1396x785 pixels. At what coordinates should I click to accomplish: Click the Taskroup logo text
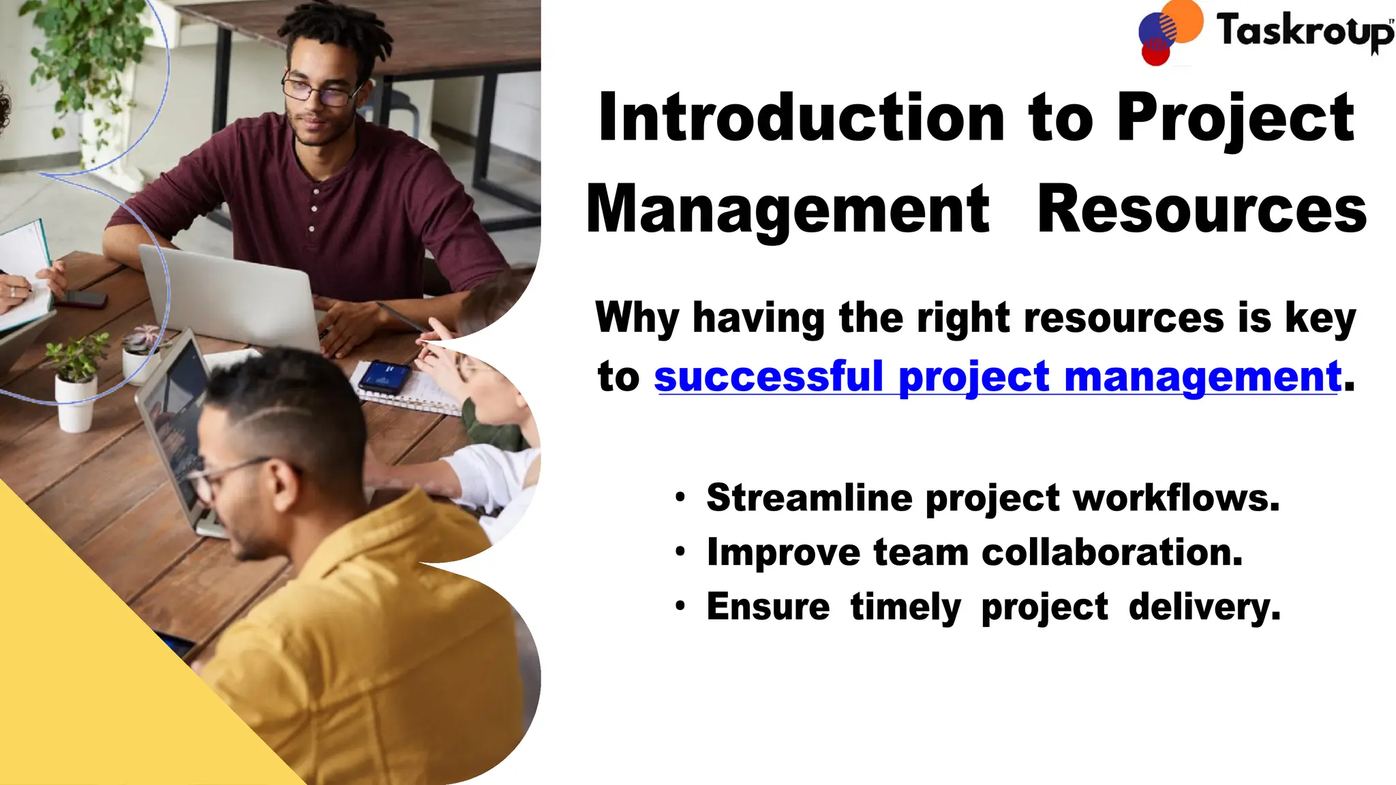1303,31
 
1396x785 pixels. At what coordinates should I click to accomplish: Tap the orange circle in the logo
1182,20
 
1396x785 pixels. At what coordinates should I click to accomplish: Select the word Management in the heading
787,210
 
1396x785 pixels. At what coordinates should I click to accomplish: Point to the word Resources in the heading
1201,210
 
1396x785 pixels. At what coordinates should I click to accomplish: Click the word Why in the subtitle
637,318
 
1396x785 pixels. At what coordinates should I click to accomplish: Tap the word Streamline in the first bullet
808,497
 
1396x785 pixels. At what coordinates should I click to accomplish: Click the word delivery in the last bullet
1204,606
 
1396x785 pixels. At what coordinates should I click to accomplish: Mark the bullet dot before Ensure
680,606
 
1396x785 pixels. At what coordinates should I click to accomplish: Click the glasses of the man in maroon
319,91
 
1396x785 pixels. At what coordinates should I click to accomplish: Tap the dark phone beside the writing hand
82,299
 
